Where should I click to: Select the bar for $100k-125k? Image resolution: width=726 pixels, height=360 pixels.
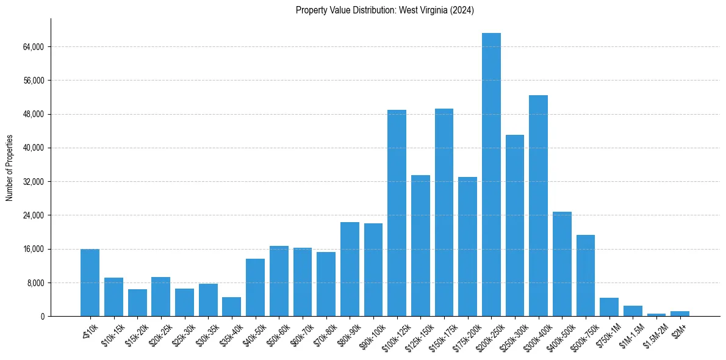pos(397,213)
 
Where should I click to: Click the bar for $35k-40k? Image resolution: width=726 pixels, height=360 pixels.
pos(231,307)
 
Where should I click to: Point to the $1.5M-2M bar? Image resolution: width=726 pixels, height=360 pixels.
pos(656,315)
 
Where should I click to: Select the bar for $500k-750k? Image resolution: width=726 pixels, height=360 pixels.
pos(585,276)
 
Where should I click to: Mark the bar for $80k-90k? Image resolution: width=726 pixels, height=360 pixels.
pos(350,269)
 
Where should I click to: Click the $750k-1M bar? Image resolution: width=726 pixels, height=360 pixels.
pos(609,307)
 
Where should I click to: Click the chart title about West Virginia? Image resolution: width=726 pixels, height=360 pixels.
pos(384,10)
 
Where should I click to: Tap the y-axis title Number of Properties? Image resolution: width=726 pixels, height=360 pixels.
pos(9,168)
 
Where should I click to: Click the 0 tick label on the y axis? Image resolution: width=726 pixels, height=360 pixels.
pos(42,317)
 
